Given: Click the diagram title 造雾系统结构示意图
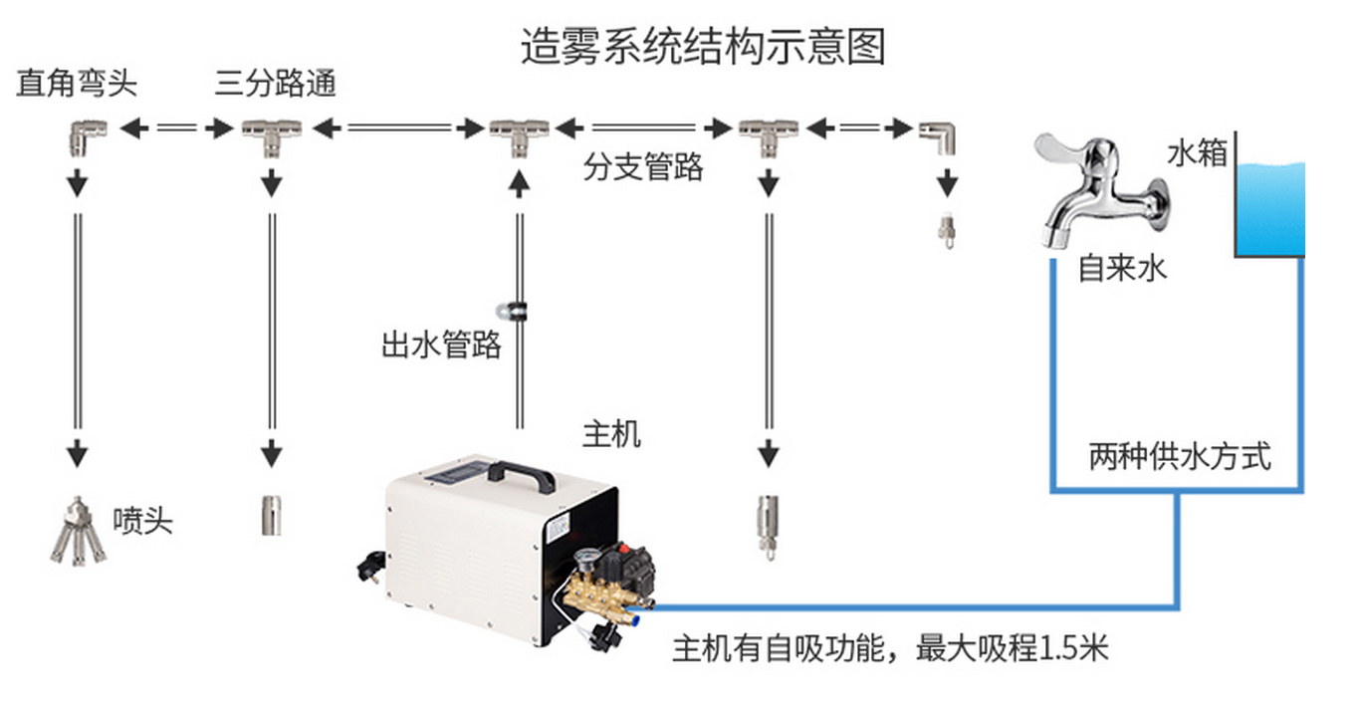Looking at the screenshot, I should [703, 47].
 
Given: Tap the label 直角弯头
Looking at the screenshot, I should [77, 84].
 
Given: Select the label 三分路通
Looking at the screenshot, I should [276, 84].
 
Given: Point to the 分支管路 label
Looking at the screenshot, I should [644, 167].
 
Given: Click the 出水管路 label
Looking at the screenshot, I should [441, 346].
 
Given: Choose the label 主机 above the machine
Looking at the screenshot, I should [611, 434].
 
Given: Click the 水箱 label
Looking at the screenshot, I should [1197, 154].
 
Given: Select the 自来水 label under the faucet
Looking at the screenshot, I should [1122, 268].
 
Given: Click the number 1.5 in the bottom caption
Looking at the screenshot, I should [1057, 649].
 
